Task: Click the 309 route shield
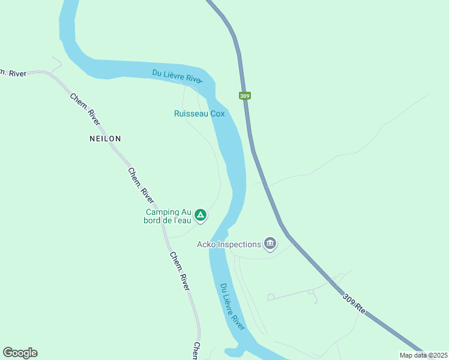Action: click(x=244, y=95)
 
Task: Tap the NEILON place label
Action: click(x=105, y=138)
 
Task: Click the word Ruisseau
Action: click(x=191, y=113)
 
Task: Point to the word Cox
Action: click(x=217, y=113)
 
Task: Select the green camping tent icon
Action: click(x=200, y=215)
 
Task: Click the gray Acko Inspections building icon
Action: click(x=270, y=244)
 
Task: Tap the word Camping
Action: click(x=162, y=212)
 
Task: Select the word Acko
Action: click(x=208, y=244)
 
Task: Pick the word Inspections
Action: click(x=240, y=244)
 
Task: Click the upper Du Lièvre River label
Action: click(x=177, y=77)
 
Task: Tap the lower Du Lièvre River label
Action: click(x=232, y=306)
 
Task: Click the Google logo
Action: click(x=20, y=353)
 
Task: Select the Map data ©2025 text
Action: click(x=423, y=355)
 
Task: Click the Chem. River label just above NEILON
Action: click(x=85, y=109)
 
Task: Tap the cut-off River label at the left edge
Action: click(x=13, y=73)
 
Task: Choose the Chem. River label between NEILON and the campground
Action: click(x=140, y=184)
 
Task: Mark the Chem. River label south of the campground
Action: click(x=180, y=271)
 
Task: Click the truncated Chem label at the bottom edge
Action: click(x=196, y=352)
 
